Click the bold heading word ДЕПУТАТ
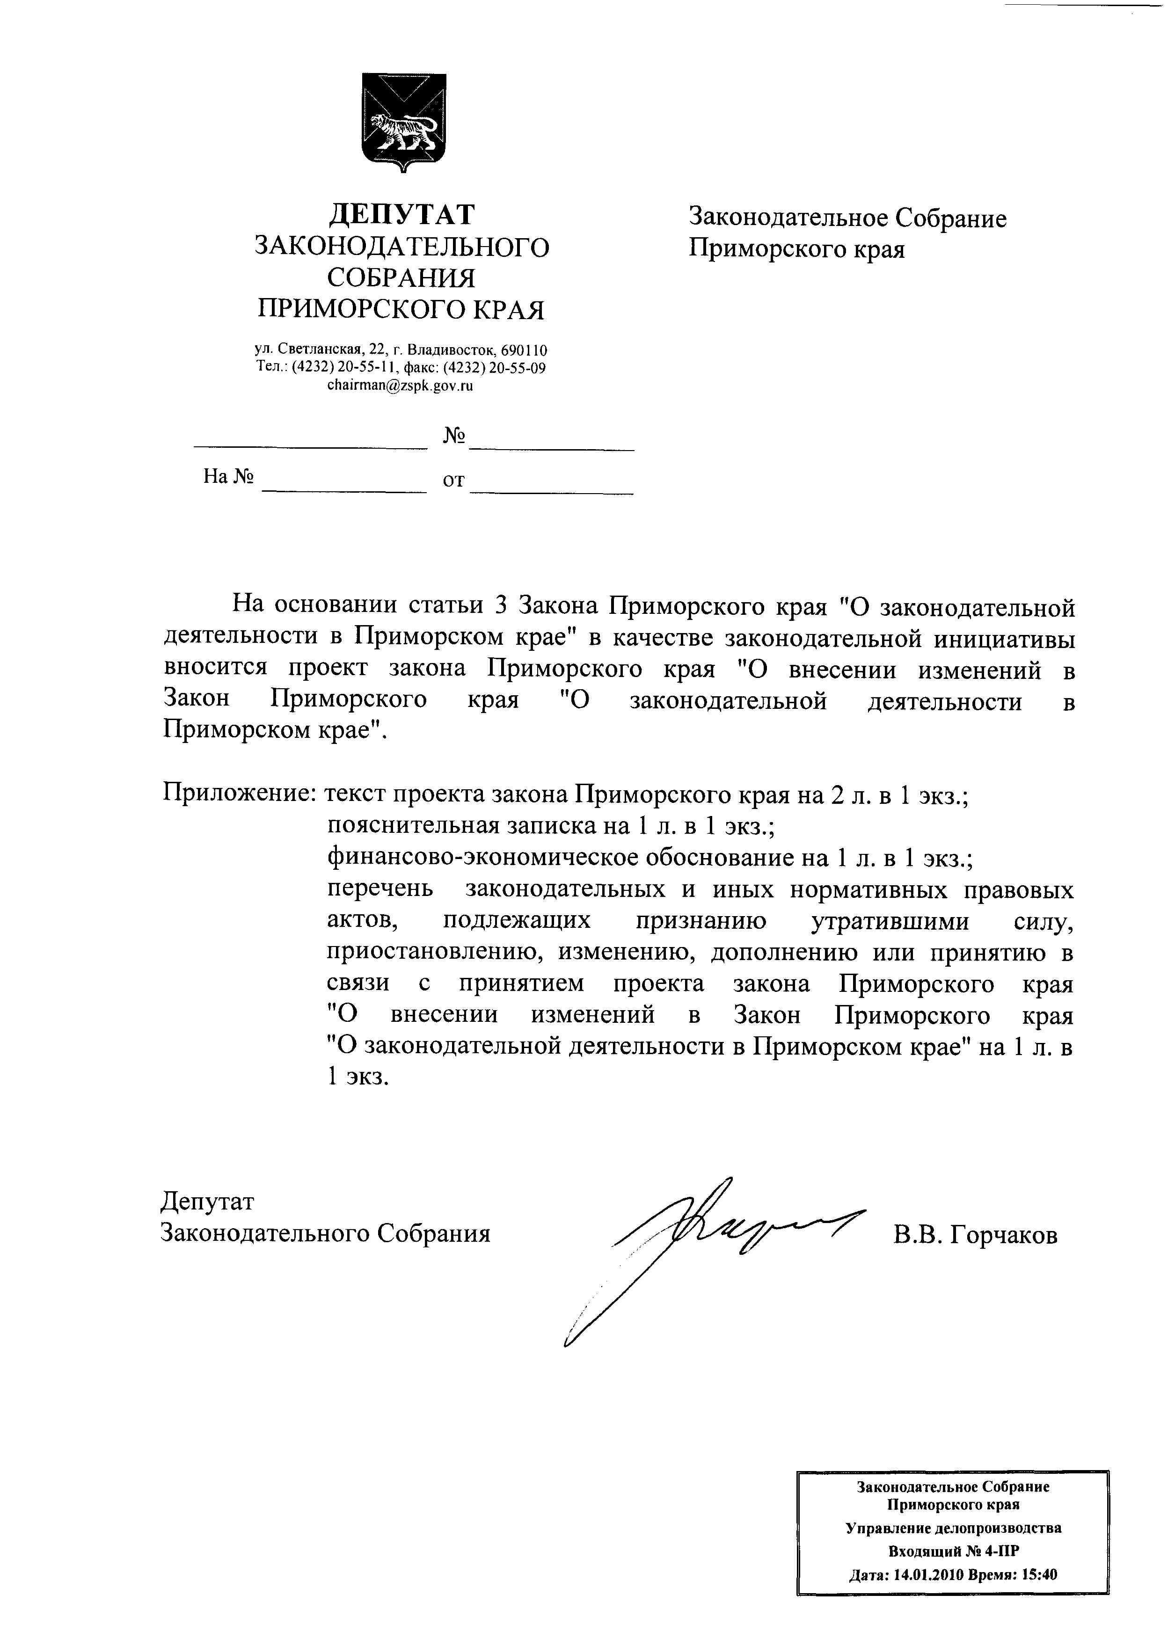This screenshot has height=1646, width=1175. coord(402,215)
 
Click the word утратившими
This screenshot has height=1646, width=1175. coord(890,921)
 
